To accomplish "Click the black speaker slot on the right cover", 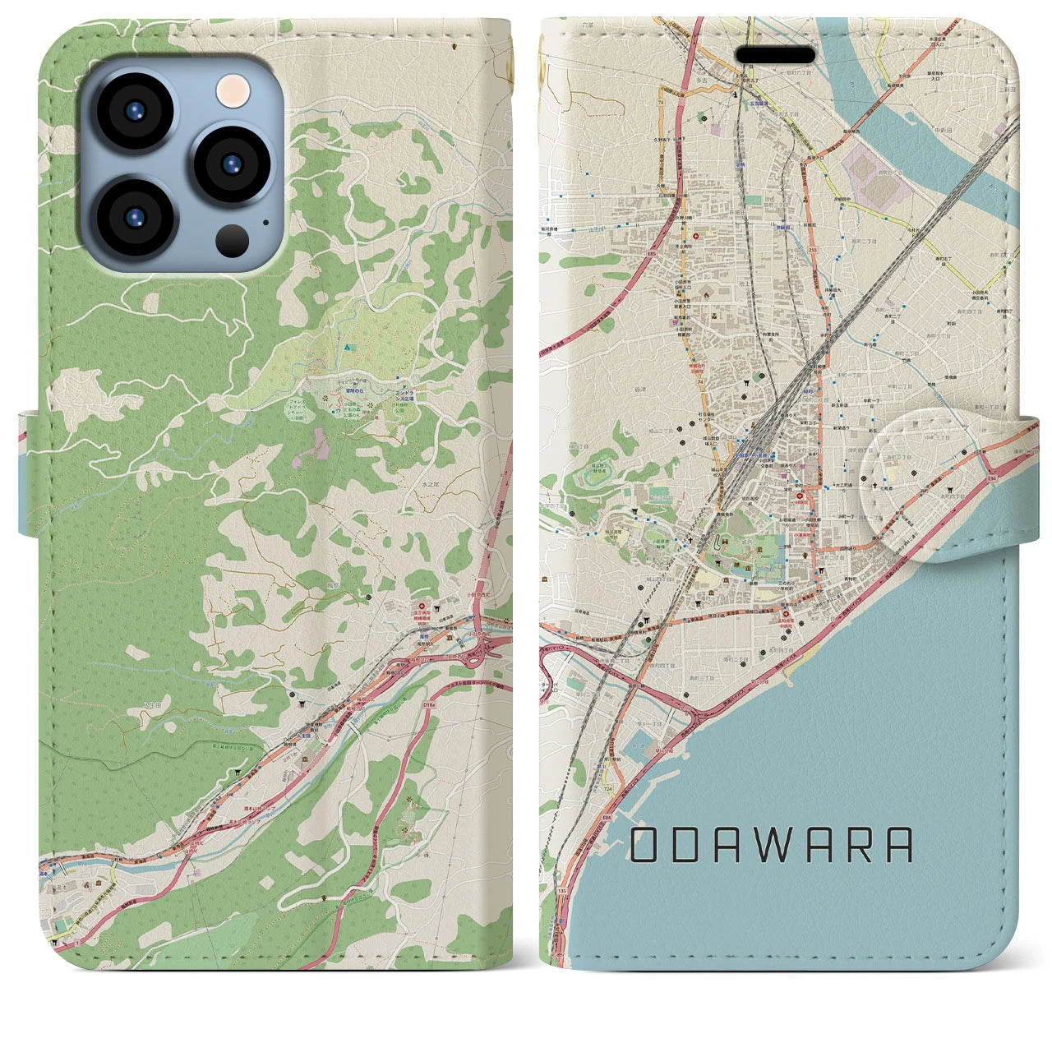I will [775, 55].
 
